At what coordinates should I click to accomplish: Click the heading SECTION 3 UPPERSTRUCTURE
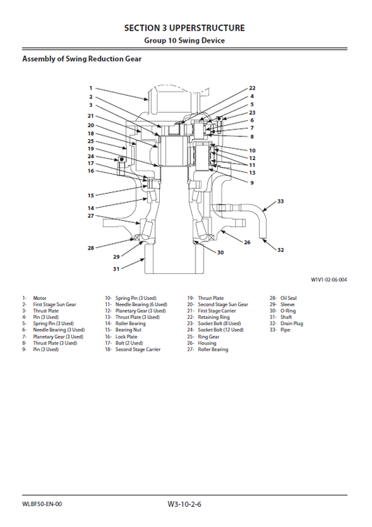tap(184, 28)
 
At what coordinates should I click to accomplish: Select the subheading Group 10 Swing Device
tap(184, 41)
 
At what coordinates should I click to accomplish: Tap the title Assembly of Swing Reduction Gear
tap(82, 59)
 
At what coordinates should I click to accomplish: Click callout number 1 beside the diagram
tap(91, 89)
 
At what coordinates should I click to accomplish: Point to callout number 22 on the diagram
tap(252, 89)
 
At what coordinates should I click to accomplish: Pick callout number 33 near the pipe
tap(281, 201)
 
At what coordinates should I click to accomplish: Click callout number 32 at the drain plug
tap(281, 250)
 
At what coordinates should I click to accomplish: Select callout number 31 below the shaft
tap(117, 268)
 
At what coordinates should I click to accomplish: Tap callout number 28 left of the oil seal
tap(91, 248)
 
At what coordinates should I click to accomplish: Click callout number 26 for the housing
tap(247, 242)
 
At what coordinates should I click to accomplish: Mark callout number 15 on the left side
tap(91, 196)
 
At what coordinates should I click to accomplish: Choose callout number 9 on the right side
tap(252, 182)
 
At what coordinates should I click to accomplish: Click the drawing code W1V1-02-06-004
tap(329, 280)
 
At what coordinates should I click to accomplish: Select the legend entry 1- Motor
tap(35, 298)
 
